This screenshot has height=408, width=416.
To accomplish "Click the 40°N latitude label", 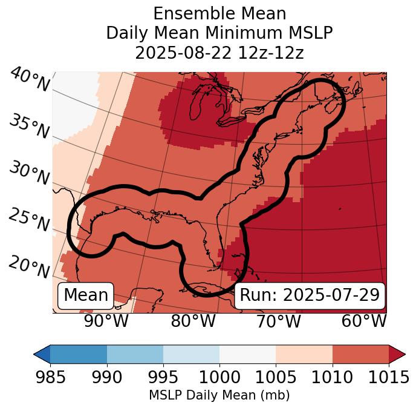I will click(30, 80).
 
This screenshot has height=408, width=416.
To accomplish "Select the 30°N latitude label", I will click(28, 173).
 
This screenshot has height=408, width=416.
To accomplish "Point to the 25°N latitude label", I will click(28, 220).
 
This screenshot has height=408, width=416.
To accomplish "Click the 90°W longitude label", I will click(106, 321).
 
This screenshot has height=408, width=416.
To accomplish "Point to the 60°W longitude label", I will click(364, 321).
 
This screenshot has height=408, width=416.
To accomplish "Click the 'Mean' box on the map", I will click(86, 295).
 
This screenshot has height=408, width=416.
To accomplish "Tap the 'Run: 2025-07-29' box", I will click(310, 295).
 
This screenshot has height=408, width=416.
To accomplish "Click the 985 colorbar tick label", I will click(50, 378).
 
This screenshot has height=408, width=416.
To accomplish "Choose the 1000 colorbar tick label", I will click(219, 378).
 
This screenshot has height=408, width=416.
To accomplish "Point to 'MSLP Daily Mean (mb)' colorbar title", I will click(219, 396).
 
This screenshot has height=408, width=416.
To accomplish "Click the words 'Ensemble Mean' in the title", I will click(219, 13).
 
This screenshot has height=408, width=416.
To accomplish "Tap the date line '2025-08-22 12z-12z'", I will click(219, 53).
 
